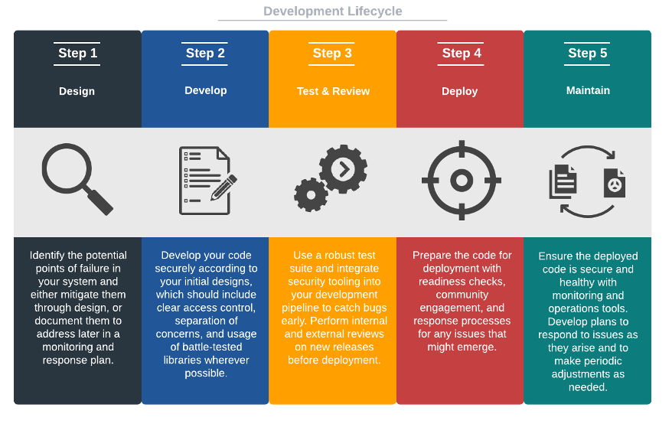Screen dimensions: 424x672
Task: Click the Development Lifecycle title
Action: pos(332,11)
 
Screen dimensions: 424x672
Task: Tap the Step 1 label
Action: pos(77,53)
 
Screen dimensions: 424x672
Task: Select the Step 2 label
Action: pos(205,53)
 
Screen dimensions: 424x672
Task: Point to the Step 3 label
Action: pos(332,53)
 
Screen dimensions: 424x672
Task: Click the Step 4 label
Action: pos(462,53)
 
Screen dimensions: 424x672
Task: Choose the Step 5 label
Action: pos(588,53)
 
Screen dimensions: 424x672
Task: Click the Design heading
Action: pos(77,91)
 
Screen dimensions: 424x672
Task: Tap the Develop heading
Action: pos(205,90)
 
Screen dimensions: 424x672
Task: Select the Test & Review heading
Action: pos(333,91)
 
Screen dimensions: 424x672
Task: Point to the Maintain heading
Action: pos(588,90)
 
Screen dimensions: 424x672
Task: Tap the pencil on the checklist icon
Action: pos(224,187)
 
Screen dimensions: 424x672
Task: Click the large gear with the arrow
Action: pos(342,168)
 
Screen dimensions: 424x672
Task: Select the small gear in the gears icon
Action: pos(310,195)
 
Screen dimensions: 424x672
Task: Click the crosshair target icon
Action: pos(462,181)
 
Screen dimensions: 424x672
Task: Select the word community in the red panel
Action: pos(462,295)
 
